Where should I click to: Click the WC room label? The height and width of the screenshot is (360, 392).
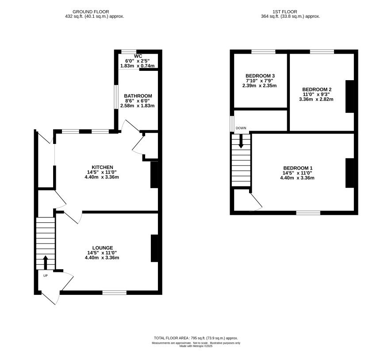pos(138,56)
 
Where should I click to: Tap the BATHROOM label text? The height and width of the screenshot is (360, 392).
pos(138,96)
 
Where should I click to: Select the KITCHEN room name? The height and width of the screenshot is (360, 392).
pos(103,167)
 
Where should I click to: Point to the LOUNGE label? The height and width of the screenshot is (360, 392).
pos(103,248)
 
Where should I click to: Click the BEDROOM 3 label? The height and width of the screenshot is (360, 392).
pos(260,76)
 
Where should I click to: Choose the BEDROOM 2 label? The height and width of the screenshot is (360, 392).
pos(317,89)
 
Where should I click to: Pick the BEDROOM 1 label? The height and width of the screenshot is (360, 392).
pos(298,168)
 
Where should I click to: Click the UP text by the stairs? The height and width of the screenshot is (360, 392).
pos(46,276)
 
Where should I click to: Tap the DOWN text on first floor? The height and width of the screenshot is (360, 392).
pos(241,128)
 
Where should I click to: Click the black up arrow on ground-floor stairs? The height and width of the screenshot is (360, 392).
pos(46,263)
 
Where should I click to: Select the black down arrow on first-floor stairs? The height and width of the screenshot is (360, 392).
pos(241,141)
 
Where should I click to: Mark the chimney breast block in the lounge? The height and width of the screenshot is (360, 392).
pos(154,248)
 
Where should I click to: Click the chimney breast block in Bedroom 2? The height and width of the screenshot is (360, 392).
pos(350,97)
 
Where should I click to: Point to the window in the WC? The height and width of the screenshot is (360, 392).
pos(129,52)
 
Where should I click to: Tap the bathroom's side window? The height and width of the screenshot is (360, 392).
pos(116,97)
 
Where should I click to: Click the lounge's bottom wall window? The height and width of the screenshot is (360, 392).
pos(115,292)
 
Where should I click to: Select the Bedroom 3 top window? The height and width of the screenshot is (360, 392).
pos(263,52)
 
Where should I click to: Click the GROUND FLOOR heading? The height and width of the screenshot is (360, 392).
pos(91,12)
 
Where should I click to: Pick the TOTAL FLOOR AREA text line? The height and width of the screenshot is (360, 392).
pos(196,338)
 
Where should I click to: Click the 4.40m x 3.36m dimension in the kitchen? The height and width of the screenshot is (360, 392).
pos(102,177)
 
